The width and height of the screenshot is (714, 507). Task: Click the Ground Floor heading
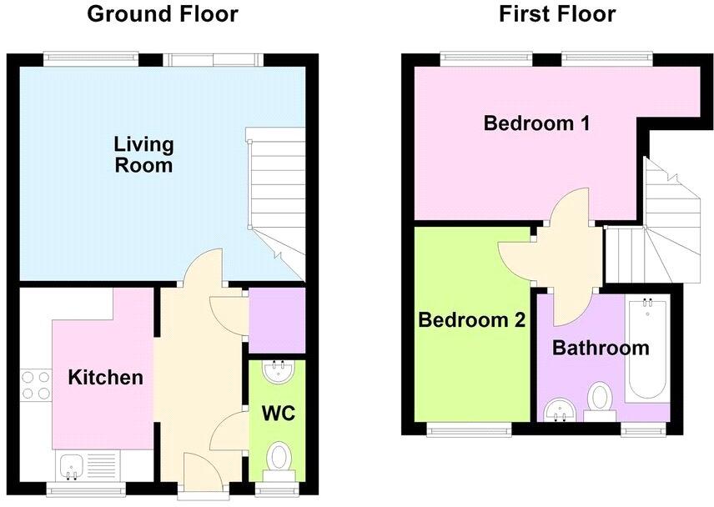(163, 14)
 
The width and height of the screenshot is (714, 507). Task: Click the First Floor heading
(557, 14)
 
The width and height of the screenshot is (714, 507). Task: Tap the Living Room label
(143, 154)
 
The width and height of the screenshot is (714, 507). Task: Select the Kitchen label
(106, 377)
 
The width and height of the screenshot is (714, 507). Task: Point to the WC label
(278, 413)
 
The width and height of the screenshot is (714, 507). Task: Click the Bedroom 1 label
(537, 124)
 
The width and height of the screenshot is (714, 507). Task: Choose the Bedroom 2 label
(471, 319)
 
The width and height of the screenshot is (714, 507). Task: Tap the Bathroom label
(601, 348)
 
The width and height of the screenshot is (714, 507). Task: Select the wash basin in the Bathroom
(560, 409)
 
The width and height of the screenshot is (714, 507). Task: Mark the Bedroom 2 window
(470, 429)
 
